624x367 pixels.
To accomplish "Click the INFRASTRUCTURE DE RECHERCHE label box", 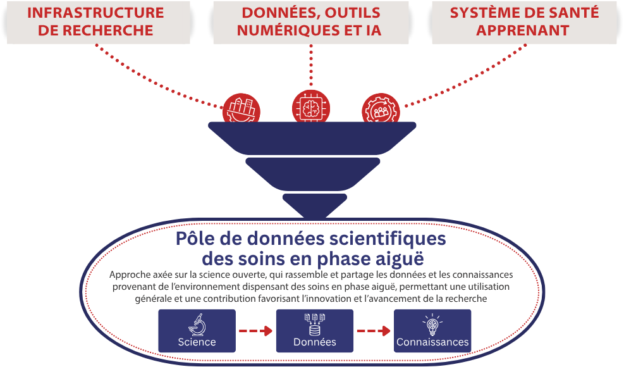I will pos(95,22).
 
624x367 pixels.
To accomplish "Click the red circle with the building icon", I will pos(241,109).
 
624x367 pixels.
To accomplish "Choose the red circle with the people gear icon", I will pos(381,109).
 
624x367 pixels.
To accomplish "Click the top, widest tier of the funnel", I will pos(312,136).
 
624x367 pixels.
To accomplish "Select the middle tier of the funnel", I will pos(312,171).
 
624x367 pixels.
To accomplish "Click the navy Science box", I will pos(197,331).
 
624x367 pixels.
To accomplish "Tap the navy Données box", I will pos(314,331).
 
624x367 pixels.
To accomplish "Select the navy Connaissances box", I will pos(432,331).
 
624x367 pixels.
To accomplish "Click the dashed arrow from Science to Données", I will pos(255,331).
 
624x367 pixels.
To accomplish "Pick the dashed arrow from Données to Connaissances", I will pos(373,331).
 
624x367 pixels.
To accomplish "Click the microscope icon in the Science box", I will pos(197,325).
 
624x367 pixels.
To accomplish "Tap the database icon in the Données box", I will pos(314,323).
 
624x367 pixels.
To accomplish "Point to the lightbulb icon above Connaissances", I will pos(432,324).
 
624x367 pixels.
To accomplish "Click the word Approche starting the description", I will pos(131,275).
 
